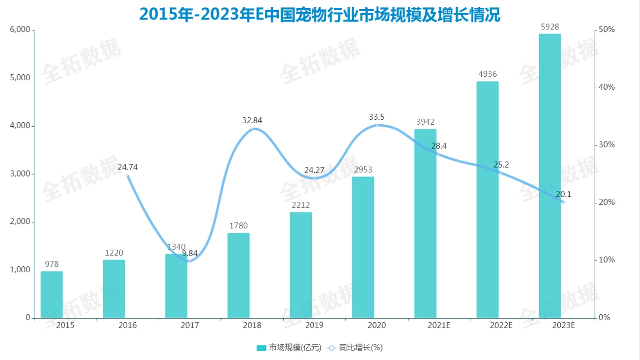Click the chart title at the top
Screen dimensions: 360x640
(320, 14)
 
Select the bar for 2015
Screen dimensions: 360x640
(51, 295)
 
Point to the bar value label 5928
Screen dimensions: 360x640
(550, 26)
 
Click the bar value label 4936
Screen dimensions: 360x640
(487, 74)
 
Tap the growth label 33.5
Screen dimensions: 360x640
(377, 117)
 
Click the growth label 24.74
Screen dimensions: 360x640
(127, 167)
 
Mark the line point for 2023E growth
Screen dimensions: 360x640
(563, 202)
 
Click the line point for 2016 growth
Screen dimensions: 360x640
(128, 176)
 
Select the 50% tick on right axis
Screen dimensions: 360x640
(607, 30)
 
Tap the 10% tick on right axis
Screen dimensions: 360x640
(607, 260)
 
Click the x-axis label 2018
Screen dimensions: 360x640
(252, 326)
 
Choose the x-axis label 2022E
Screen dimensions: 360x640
(501, 326)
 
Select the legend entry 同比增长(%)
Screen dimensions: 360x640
(355, 348)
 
